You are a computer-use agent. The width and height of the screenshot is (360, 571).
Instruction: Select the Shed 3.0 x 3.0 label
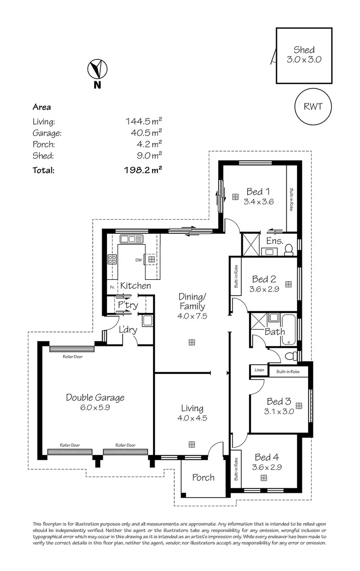pyautogui.click(x=304, y=55)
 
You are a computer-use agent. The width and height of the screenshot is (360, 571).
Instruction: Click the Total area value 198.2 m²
pyautogui.click(x=143, y=170)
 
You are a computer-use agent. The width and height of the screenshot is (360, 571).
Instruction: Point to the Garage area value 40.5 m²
pyautogui.click(x=144, y=133)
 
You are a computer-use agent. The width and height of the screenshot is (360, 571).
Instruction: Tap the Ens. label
pyautogui.click(x=274, y=241)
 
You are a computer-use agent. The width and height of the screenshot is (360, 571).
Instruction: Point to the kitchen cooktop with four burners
pyautogui.click(x=112, y=260)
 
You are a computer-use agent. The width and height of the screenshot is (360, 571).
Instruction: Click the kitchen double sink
pyautogui.click(x=129, y=238)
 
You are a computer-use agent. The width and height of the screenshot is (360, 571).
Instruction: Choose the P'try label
pyautogui.click(x=128, y=305)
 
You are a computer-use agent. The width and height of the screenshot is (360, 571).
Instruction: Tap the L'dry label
pyautogui.click(x=128, y=330)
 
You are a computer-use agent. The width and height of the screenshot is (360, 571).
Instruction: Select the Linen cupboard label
pyautogui.click(x=259, y=370)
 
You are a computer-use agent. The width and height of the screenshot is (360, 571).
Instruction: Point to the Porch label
pyautogui.click(x=203, y=477)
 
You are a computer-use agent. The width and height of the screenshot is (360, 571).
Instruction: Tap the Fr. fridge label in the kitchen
pyautogui.click(x=112, y=287)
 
